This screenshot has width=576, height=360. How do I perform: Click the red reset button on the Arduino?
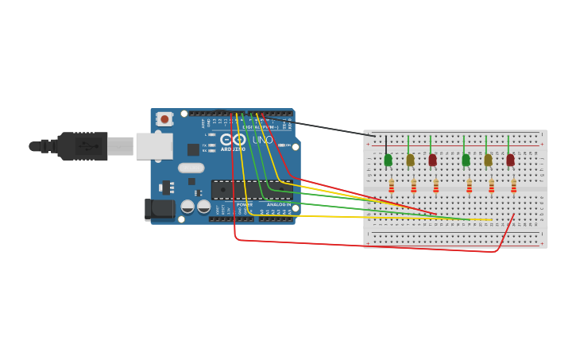coord(164,119)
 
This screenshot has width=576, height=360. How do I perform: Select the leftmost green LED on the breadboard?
coord(388,160)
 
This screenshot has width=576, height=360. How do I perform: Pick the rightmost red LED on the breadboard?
coord(510,160)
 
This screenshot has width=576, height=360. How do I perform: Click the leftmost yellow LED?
coord(410,160)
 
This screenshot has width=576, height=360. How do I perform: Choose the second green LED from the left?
coord(466,160)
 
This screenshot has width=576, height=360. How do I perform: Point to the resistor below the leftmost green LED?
coord(391,186)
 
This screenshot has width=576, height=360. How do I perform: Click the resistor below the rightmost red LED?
coord(513,186)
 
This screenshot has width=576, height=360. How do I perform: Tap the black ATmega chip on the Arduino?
coord(250,189)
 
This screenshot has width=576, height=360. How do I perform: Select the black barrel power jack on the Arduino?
coord(159,209)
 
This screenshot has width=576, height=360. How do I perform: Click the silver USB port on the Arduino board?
coord(153,146)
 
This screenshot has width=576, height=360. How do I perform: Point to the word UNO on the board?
coord(262,140)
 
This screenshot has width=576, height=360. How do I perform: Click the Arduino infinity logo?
coord(233,139)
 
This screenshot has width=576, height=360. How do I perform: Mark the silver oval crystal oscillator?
coord(191,168)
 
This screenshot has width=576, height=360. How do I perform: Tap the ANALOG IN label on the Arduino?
coord(278,204)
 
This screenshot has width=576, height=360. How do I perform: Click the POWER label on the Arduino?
coord(245,204)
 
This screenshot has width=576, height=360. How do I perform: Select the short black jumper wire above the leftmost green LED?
coord(386,144)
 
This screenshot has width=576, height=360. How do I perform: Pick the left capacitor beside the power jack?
coord(187,207)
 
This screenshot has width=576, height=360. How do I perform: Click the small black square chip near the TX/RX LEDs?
coord(193,149)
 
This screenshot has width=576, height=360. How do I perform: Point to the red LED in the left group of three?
coord(432,160)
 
